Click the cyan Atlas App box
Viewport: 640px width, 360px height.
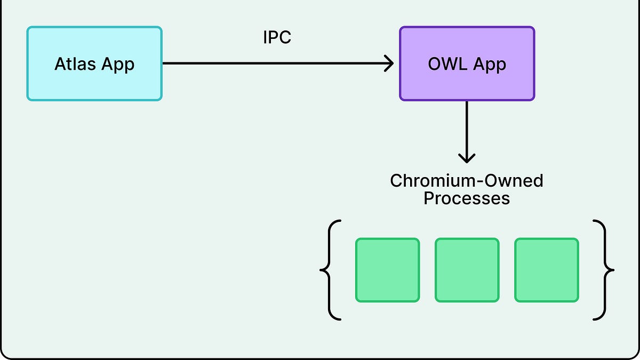pyautogui.click(x=94, y=63)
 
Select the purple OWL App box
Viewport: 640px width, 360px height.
pyautogui.click(x=467, y=63)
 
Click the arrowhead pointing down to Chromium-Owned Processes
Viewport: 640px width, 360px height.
pyautogui.click(x=467, y=158)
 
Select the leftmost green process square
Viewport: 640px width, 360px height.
pyautogui.click(x=388, y=270)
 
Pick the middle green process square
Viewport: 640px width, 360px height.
pyautogui.click(x=467, y=270)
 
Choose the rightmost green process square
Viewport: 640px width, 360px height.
pyautogui.click(x=547, y=270)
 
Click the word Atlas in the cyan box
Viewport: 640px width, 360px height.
pyautogui.click(x=75, y=64)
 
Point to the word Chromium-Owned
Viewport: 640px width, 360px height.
pyautogui.click(x=467, y=181)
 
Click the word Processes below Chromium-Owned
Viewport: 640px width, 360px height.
pyautogui.click(x=467, y=199)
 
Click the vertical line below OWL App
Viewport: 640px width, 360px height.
pyautogui.click(x=467, y=128)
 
